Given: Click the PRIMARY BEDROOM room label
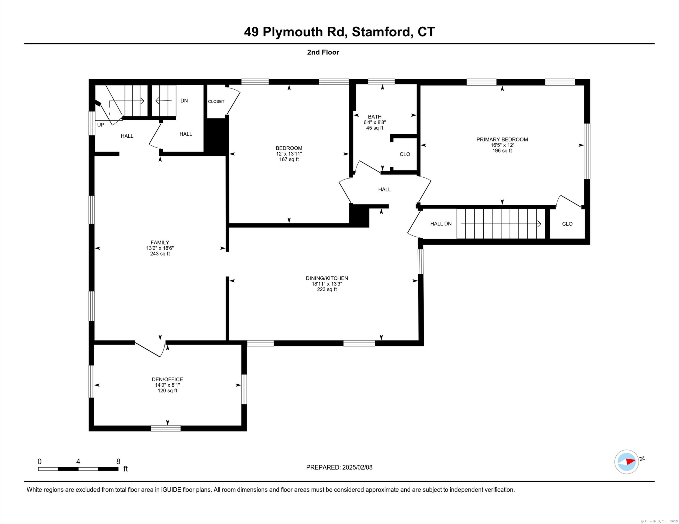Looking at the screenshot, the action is click(502, 139).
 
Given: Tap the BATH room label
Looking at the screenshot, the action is click(375, 117).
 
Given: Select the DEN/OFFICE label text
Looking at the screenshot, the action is click(167, 379).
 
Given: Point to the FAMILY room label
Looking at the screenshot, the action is click(160, 243).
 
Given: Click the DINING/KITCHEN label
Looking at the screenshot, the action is click(327, 278).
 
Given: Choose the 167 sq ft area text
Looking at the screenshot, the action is click(289, 159).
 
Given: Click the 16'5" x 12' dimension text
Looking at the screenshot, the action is click(502, 145).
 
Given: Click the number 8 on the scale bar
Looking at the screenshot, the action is click(118, 461).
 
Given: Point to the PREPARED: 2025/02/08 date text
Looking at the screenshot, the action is click(339, 467).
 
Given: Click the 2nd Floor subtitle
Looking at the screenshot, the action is click(323, 52).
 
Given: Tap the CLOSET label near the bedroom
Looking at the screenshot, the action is click(216, 102).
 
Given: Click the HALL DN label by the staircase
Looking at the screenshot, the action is click(441, 224).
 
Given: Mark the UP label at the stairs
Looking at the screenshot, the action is click(101, 125).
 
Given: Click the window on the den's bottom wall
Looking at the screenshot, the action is click(166, 428).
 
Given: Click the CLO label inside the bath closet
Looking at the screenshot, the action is click(405, 154).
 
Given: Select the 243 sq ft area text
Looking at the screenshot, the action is click(160, 254).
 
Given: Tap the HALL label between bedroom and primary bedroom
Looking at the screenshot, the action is click(385, 189).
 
